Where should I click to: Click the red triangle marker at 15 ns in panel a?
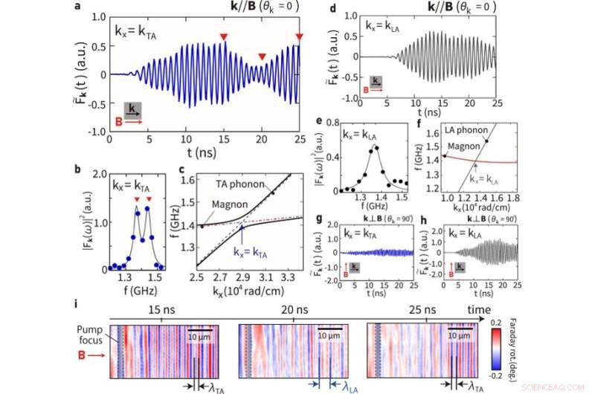(x=223, y=36)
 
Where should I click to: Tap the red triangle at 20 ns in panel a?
(x=262, y=57)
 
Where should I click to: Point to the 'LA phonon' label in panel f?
(x=462, y=132)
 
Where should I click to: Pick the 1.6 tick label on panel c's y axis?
(x=180, y=180)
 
